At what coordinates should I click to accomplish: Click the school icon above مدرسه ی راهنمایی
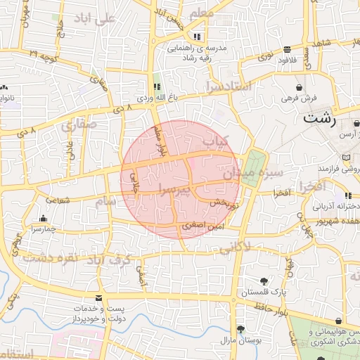(x=197, y=37)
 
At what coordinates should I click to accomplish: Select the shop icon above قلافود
(x=287, y=50)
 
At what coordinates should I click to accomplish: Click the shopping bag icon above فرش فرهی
(x=300, y=87)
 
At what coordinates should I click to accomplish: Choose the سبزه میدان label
(x=260, y=172)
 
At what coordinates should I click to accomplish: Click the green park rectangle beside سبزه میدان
(x=251, y=168)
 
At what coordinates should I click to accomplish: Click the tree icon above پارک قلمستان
(x=264, y=280)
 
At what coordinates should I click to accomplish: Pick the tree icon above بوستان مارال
(x=240, y=328)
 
